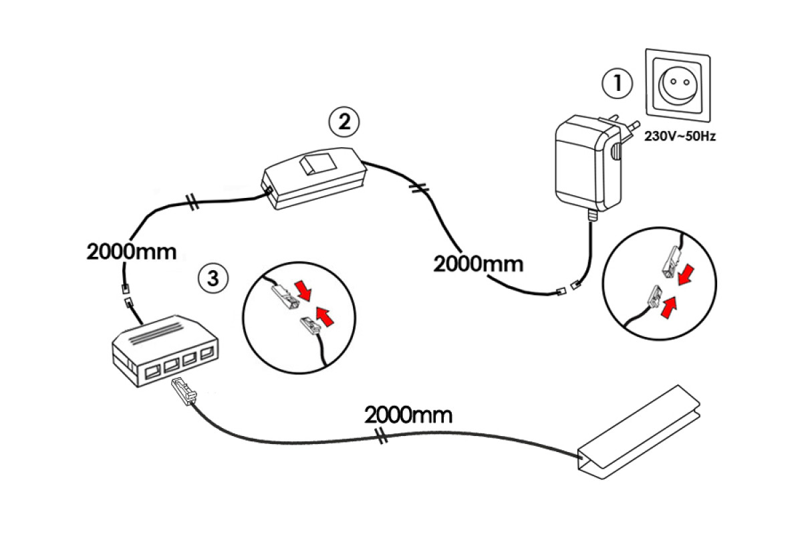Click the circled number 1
pyautogui.click(x=616, y=83)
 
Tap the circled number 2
pyautogui.click(x=344, y=122)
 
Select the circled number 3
pyautogui.click(x=213, y=278)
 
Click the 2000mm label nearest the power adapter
pyautogui.click(x=478, y=263)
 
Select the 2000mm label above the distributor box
pyautogui.click(x=131, y=252)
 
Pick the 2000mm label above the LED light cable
pyautogui.click(x=408, y=415)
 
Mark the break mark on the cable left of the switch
pyautogui.click(x=192, y=201)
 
